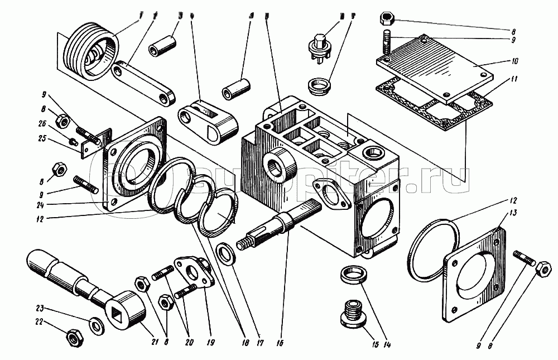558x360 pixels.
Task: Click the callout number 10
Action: [514, 60]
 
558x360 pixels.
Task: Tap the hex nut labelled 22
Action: [73, 338]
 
